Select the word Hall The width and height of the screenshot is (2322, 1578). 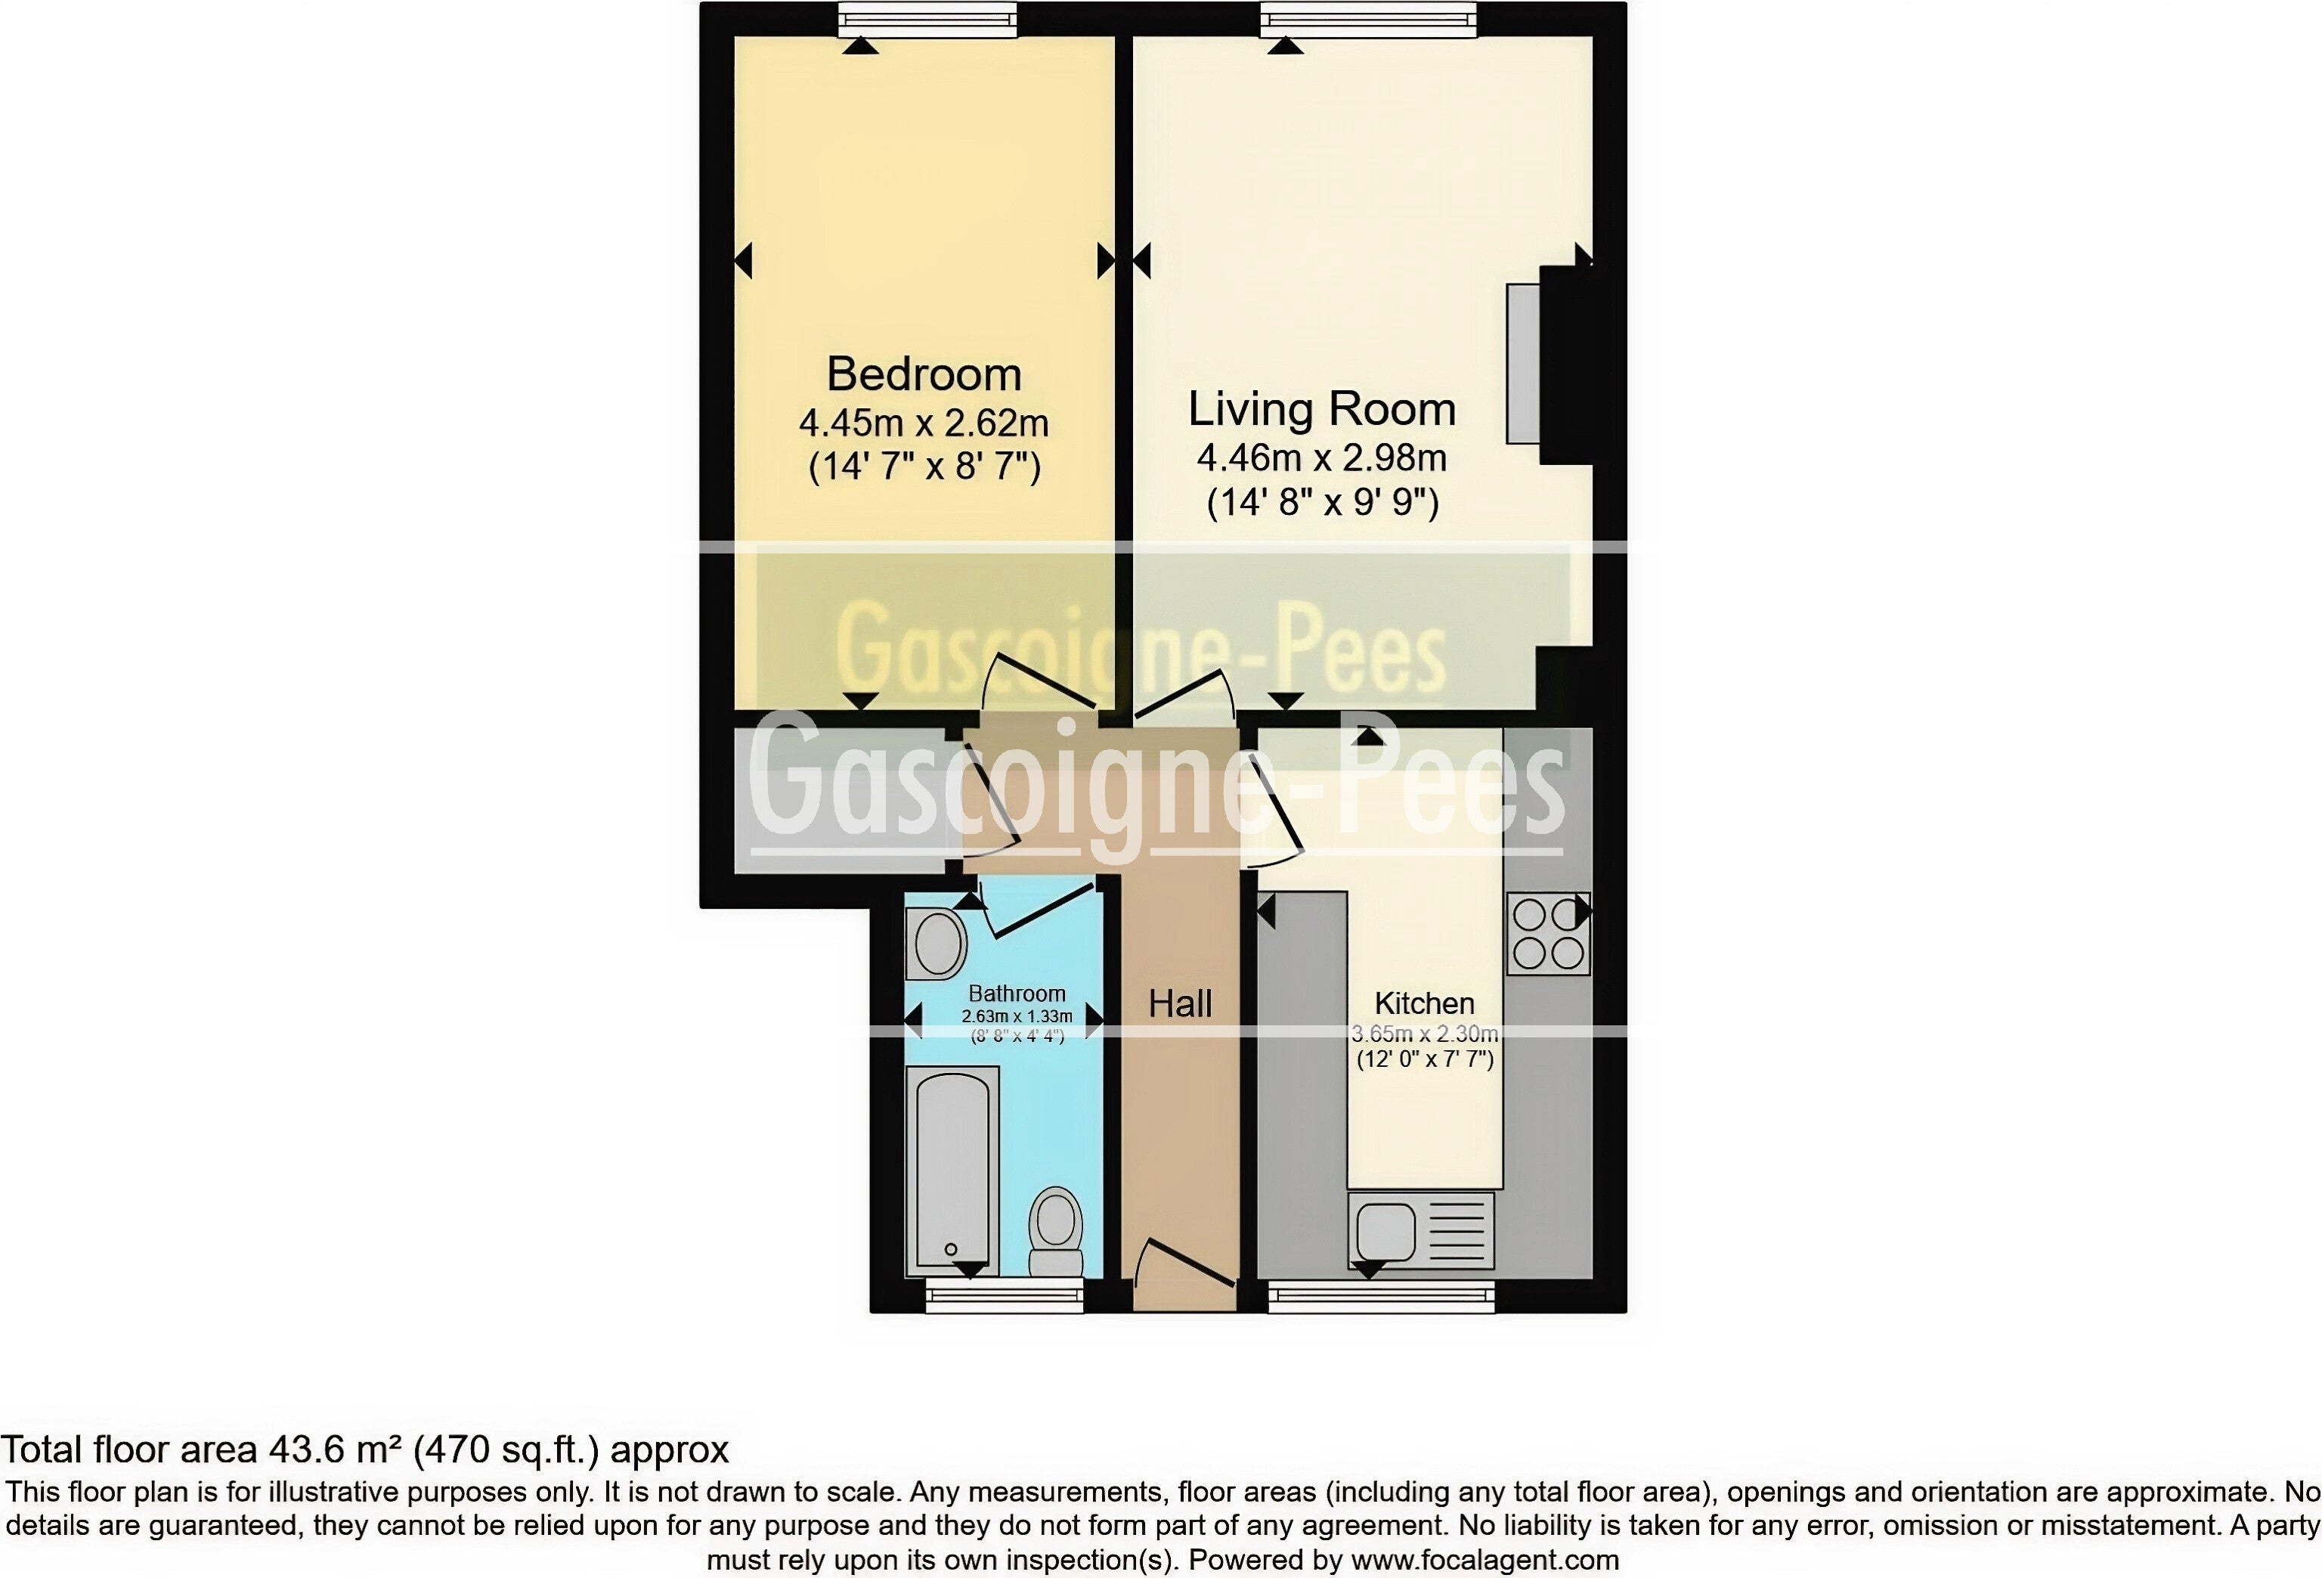(1180, 1003)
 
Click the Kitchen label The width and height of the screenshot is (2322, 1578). (1424, 1003)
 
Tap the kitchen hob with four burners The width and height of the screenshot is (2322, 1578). (1548, 933)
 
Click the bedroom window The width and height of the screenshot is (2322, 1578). (927, 20)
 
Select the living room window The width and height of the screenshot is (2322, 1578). (1368, 20)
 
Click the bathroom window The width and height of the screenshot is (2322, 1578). (1004, 1296)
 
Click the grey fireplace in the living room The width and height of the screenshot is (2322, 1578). (1524, 364)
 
